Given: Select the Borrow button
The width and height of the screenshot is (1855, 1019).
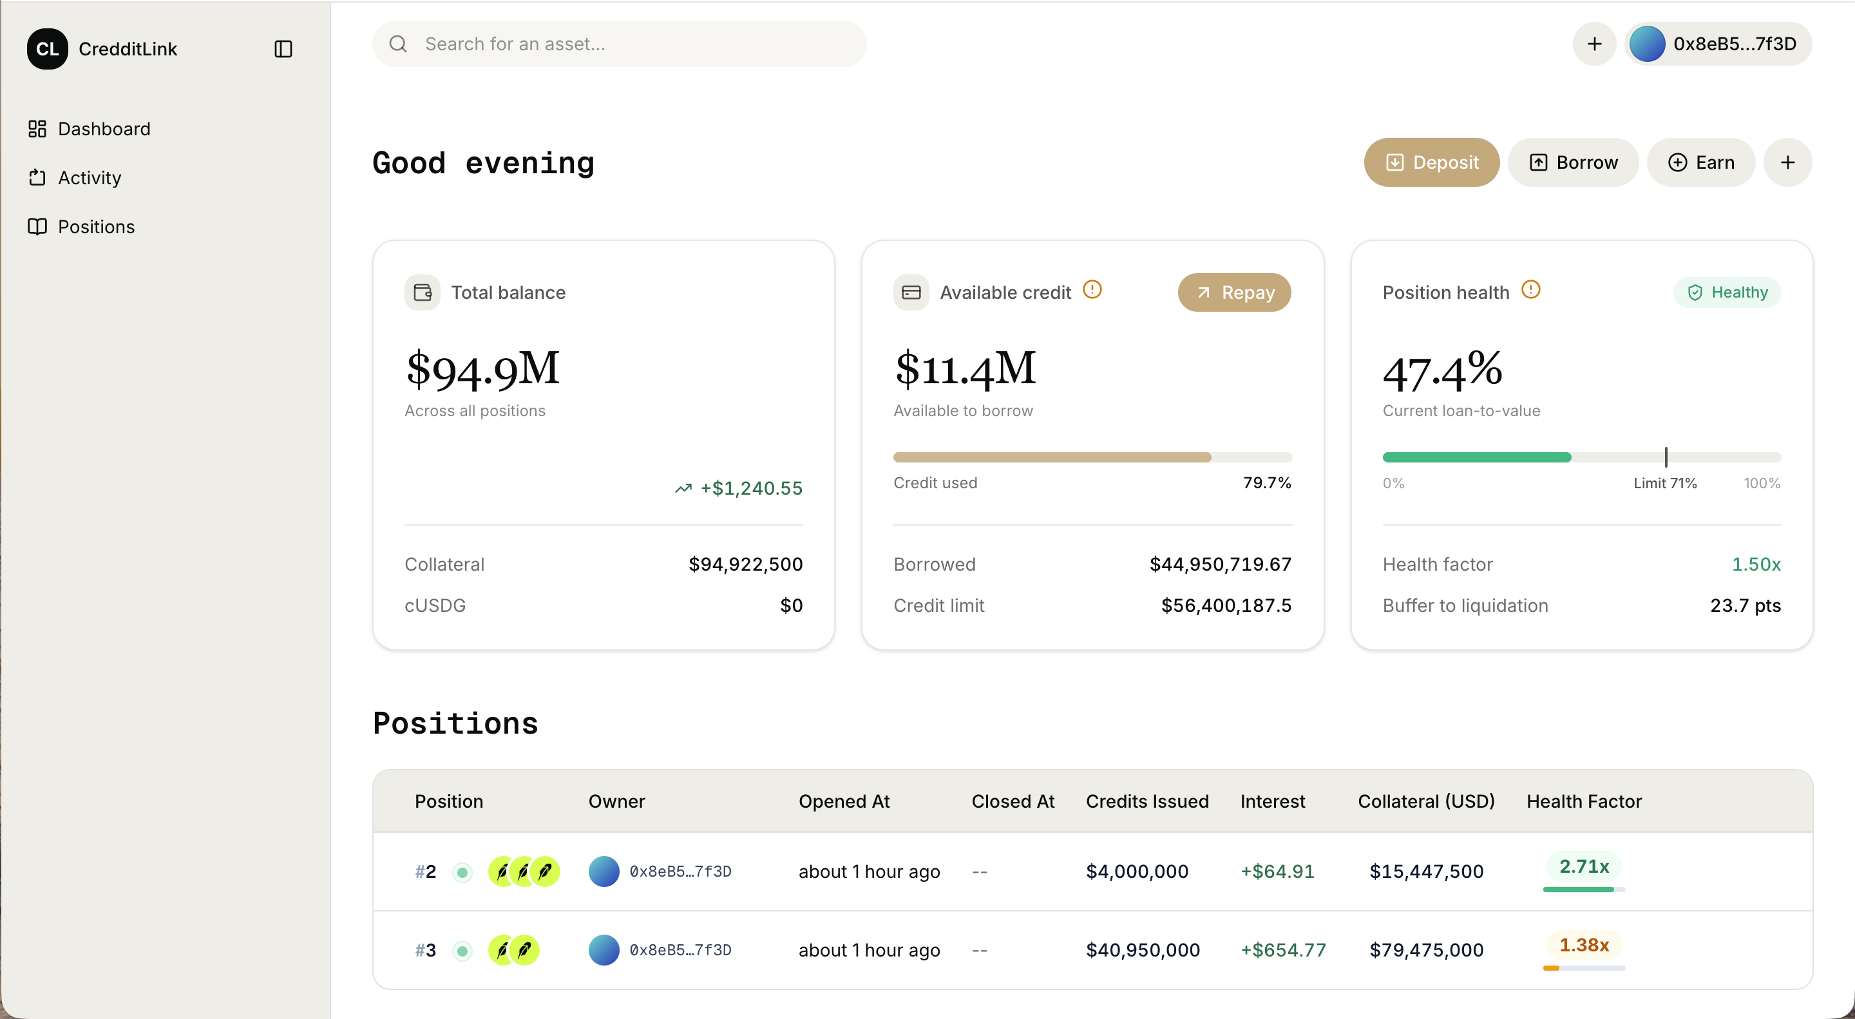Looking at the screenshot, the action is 1573,162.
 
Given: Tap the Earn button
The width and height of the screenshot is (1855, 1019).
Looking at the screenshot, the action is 1700,162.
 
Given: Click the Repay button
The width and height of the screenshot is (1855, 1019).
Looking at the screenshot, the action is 1233,292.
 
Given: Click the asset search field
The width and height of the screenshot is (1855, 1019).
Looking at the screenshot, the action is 619,44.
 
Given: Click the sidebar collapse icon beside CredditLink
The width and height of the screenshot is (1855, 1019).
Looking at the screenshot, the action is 283,49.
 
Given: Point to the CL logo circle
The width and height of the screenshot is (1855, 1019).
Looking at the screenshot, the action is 48,49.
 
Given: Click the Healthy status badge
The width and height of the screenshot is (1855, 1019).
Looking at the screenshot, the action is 1727,292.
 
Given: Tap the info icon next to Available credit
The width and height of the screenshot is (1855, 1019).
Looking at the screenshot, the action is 1092,289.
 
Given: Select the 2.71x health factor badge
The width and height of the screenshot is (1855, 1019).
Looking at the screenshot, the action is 1584,866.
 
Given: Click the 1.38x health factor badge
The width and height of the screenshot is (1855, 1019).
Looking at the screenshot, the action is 1584,945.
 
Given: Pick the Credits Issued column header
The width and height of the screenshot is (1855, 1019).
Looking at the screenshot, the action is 1147,801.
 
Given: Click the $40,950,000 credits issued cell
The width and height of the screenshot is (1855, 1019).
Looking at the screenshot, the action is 1143,950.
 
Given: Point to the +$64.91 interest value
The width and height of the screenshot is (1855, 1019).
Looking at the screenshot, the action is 1277,871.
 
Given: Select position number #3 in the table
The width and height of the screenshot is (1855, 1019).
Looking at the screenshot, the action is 425,950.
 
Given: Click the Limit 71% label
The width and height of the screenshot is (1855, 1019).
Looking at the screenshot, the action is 1665,483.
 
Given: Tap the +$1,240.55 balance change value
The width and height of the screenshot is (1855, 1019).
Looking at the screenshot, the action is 751,488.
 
